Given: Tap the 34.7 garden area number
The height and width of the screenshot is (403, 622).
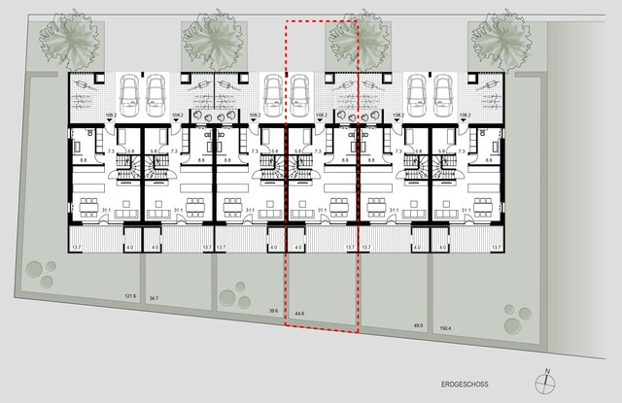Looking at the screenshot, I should (x=154, y=299).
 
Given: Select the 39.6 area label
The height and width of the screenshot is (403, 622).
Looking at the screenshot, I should (x=273, y=311).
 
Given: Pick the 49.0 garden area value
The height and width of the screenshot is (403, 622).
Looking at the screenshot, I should (x=419, y=325).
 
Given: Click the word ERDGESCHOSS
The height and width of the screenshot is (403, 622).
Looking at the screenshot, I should (x=461, y=384).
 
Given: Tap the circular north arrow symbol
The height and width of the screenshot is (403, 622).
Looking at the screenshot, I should (x=547, y=381).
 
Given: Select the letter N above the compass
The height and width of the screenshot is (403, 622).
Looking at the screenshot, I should (x=548, y=370).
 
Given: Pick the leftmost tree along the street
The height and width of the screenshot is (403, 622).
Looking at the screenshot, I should (x=67, y=40).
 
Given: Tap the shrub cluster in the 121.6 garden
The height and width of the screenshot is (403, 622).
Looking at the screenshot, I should (x=38, y=272).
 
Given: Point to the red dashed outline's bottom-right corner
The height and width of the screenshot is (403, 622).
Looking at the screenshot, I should (x=359, y=332).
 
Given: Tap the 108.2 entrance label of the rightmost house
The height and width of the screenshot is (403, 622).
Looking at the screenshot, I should (x=465, y=116).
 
